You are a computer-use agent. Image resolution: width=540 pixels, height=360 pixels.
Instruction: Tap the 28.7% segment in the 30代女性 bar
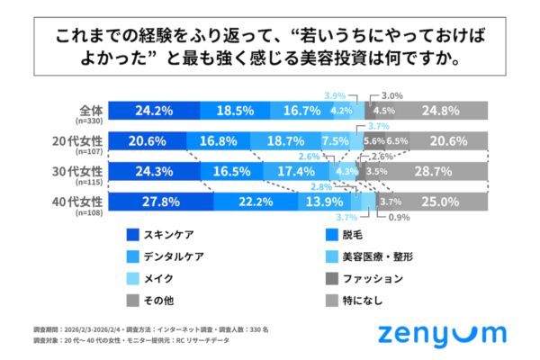click(438, 171)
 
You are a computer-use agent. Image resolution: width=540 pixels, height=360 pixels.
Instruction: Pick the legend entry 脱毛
click(352, 236)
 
